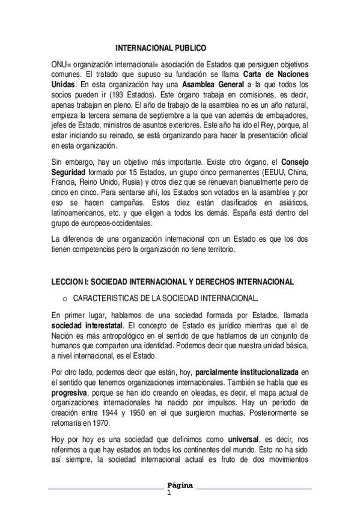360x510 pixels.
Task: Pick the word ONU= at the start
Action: click(61, 64)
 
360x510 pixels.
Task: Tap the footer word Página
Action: click(180, 485)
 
